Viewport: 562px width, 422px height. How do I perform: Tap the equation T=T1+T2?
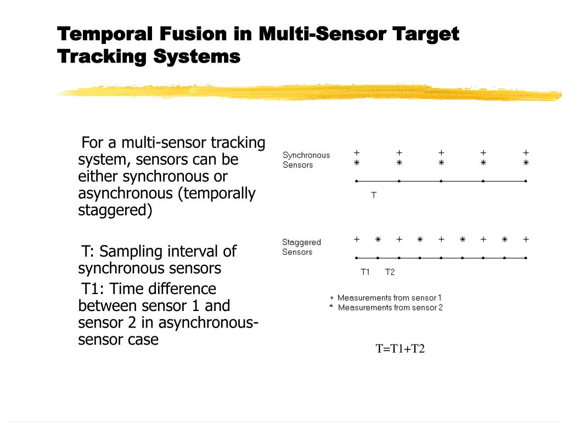(400, 349)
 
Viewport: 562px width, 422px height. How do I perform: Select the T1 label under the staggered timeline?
(366, 272)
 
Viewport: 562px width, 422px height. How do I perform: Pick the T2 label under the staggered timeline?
(390, 272)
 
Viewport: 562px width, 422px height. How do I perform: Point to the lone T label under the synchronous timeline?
(374, 195)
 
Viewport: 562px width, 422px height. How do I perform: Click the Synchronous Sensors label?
(306, 160)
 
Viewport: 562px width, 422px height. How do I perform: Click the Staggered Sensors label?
(301, 247)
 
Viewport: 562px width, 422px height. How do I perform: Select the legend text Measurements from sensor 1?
(389, 298)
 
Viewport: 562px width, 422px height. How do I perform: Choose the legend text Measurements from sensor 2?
(390, 308)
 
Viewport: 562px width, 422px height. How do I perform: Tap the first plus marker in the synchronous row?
(357, 152)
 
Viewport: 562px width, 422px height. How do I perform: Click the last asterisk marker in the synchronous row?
(526, 163)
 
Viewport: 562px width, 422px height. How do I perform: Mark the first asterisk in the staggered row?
(378, 239)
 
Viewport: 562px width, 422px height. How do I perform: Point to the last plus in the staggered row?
(526, 239)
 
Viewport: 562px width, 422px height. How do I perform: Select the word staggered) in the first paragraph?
(115, 210)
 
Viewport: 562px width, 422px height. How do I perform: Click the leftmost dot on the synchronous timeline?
(357, 181)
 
